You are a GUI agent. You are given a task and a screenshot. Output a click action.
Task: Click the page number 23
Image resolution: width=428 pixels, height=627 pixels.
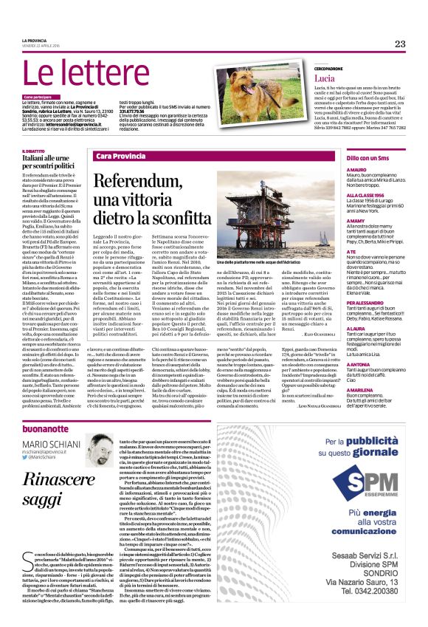pyautogui.click(x=399, y=44)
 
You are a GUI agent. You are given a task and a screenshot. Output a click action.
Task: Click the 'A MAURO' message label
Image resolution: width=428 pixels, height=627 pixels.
pyautogui.click(x=356, y=170)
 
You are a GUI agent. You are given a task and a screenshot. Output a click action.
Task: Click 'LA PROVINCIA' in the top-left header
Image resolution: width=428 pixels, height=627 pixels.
pyautogui.click(x=34, y=41)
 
